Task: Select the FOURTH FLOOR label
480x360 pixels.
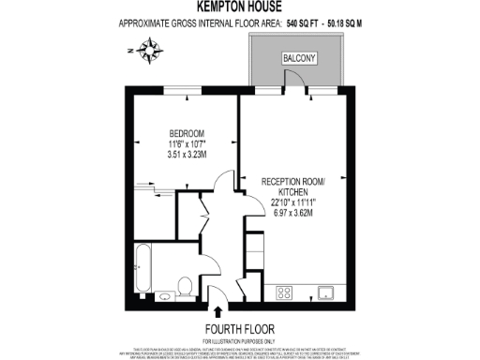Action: click(239, 328)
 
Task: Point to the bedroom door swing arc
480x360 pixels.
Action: click(222, 180)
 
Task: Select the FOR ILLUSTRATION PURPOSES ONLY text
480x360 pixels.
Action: click(239, 339)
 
